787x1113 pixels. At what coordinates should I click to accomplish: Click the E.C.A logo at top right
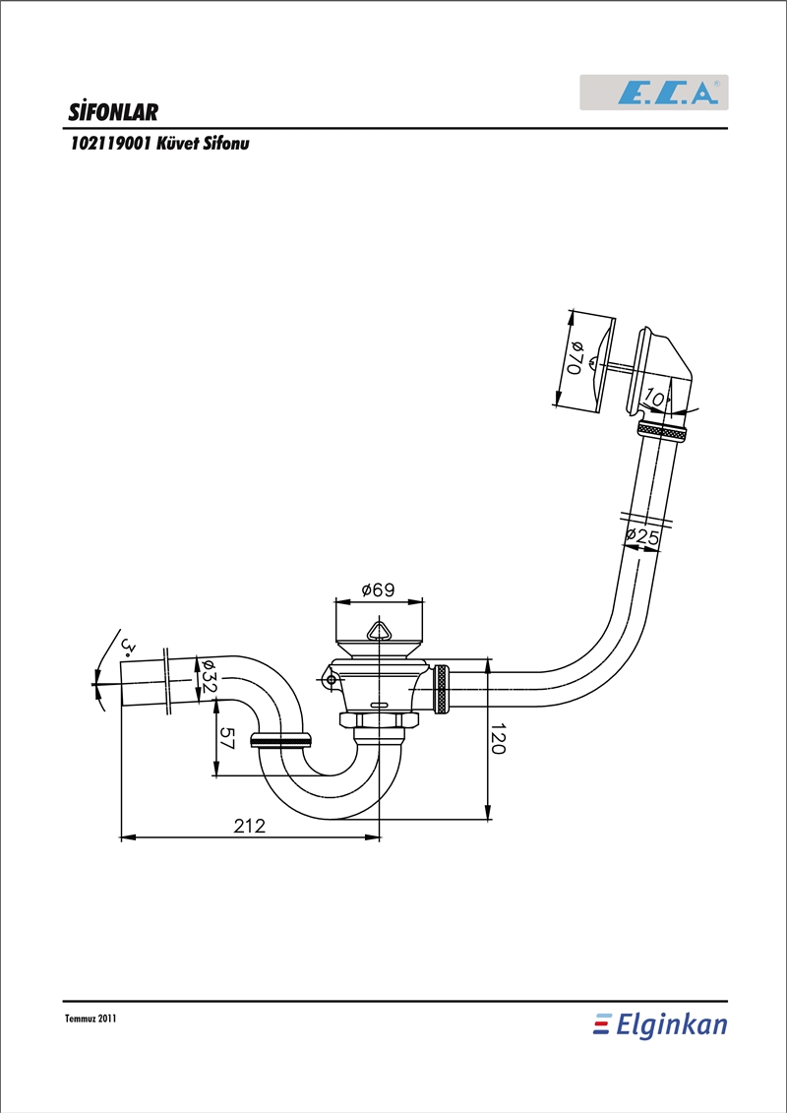click(653, 93)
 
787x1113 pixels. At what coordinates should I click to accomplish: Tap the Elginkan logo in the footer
click(661, 1025)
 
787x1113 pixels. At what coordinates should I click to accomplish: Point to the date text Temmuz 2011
click(90, 1018)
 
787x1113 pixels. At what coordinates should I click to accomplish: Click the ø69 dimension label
click(378, 589)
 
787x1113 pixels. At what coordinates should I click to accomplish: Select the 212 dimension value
click(249, 826)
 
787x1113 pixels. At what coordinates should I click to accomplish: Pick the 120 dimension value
click(497, 740)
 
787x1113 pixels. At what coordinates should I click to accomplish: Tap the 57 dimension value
click(226, 737)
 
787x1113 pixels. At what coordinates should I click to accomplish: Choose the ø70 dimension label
click(575, 358)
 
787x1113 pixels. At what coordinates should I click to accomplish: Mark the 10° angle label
click(656, 399)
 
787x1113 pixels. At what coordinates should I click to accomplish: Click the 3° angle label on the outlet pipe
click(129, 646)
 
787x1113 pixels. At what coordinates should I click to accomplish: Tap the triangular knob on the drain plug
click(378, 631)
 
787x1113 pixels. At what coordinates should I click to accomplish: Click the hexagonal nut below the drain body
click(379, 719)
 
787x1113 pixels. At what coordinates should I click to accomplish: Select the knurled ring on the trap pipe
click(281, 741)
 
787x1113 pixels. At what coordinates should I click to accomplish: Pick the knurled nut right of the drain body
click(442, 689)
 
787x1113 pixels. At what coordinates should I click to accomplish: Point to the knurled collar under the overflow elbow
click(661, 430)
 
